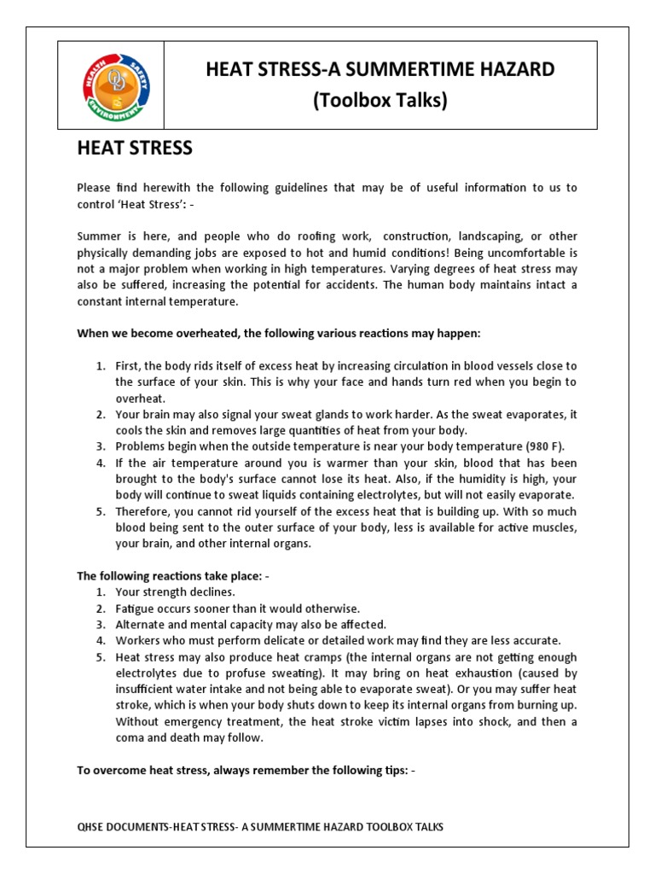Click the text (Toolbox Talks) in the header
click(380, 100)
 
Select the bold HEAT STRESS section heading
click(135, 149)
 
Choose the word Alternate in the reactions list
click(143, 625)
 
